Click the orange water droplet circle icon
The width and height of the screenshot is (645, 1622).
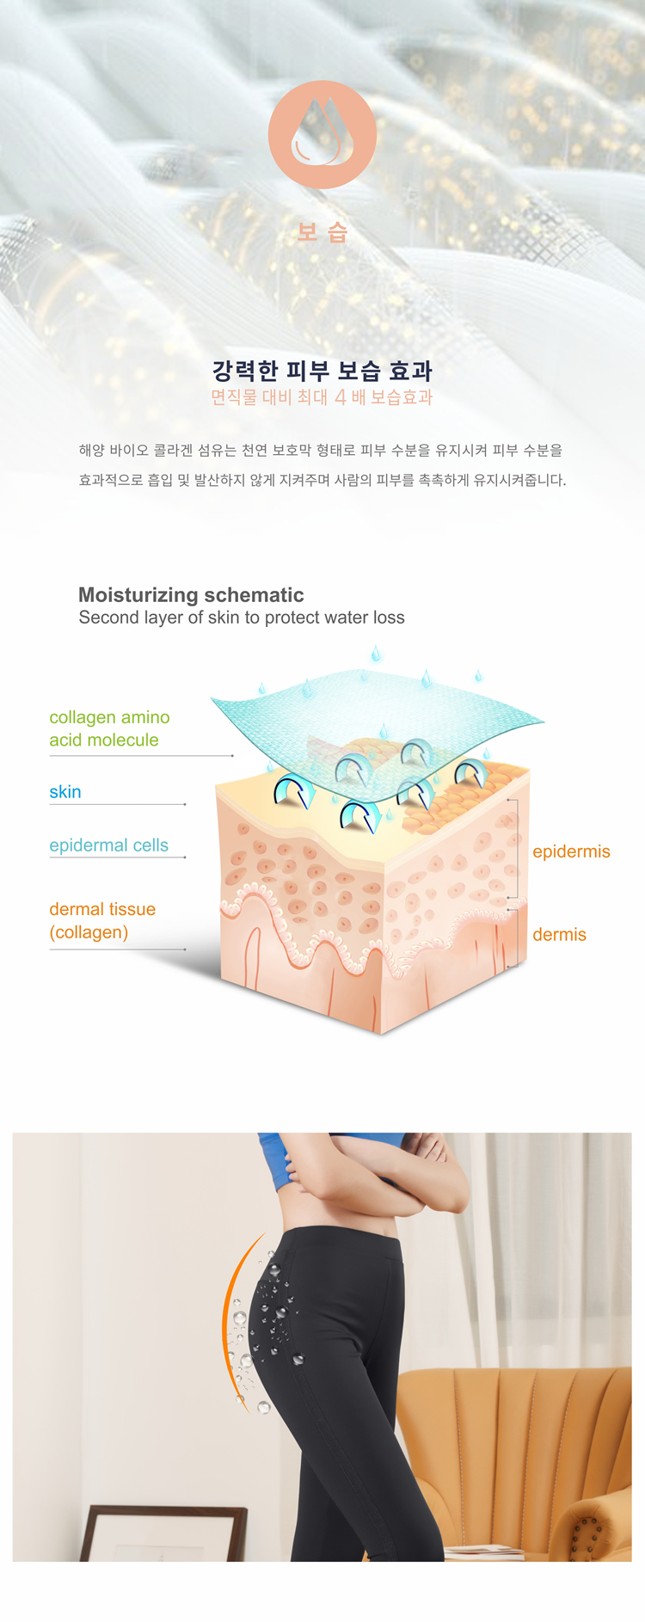point(322,135)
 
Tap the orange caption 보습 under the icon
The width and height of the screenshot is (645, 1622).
point(322,232)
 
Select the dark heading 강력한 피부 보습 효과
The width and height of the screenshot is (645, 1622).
point(322,371)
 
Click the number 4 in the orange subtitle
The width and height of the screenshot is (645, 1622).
point(341,397)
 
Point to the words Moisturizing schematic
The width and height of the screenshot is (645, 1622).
point(191,595)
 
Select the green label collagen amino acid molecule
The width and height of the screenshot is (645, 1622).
point(109,728)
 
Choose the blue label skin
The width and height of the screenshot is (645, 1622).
point(65,792)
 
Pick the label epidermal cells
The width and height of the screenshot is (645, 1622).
point(108,845)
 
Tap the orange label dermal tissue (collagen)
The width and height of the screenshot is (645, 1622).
point(102,920)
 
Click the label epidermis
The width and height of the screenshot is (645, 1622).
point(571,851)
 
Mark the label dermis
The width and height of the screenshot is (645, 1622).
point(559,935)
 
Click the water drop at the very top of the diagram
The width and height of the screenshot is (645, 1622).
point(376,654)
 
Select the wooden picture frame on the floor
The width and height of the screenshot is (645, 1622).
point(163,1533)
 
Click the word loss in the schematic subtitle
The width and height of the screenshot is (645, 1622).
point(386,617)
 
